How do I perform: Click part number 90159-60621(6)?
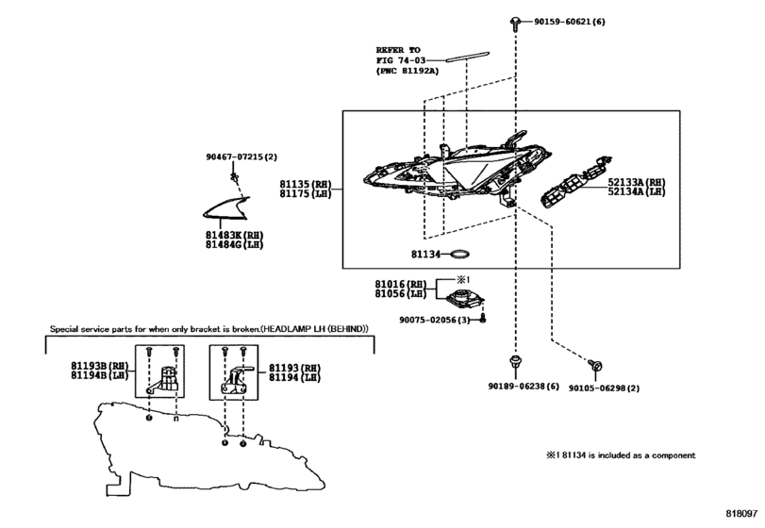pos(569,21)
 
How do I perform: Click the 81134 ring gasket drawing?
pos(459,254)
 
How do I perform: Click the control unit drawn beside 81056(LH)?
pos(466,299)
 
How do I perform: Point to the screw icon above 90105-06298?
pos(593,363)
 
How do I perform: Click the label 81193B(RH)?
pos(99,365)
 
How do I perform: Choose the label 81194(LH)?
pos(294,375)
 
